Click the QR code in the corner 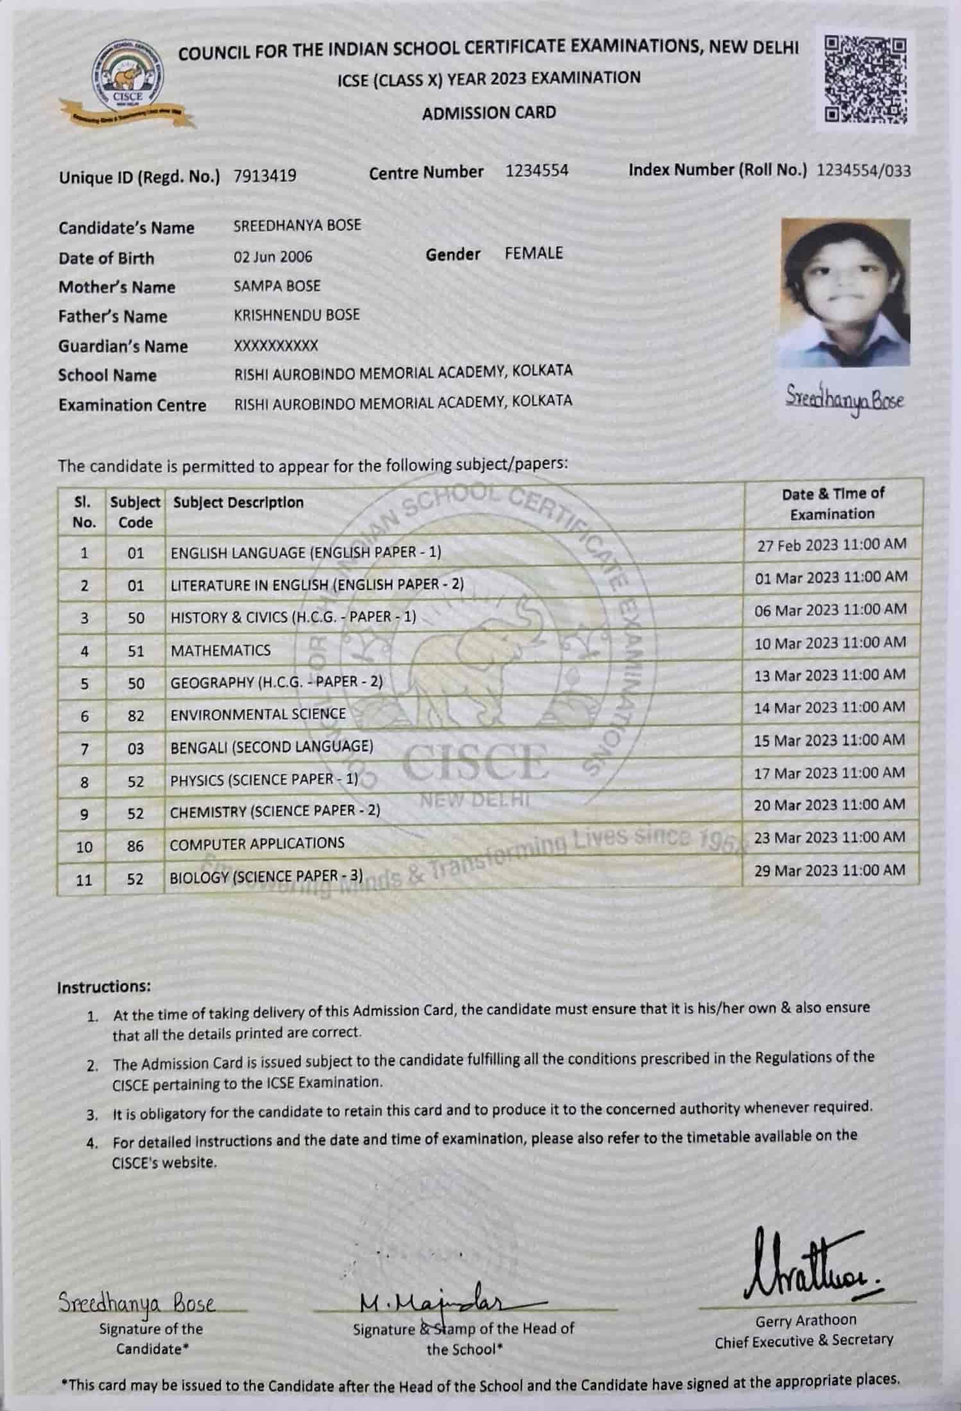coord(866,80)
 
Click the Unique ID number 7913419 coord(265,176)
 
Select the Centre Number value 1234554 coord(536,171)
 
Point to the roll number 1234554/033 coord(863,170)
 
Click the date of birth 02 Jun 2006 coord(273,257)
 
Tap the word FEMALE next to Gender coord(533,253)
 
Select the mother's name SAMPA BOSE coord(276,286)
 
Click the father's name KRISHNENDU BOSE coord(296,315)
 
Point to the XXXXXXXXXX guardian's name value coord(276,346)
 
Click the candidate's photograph coord(846,293)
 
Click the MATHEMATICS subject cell coord(221,650)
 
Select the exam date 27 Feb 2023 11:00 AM coord(831,545)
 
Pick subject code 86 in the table coord(135,847)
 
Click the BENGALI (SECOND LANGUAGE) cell coord(271,747)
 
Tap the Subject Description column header coord(238,502)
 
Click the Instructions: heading coord(104,986)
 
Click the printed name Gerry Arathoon coord(805,1320)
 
